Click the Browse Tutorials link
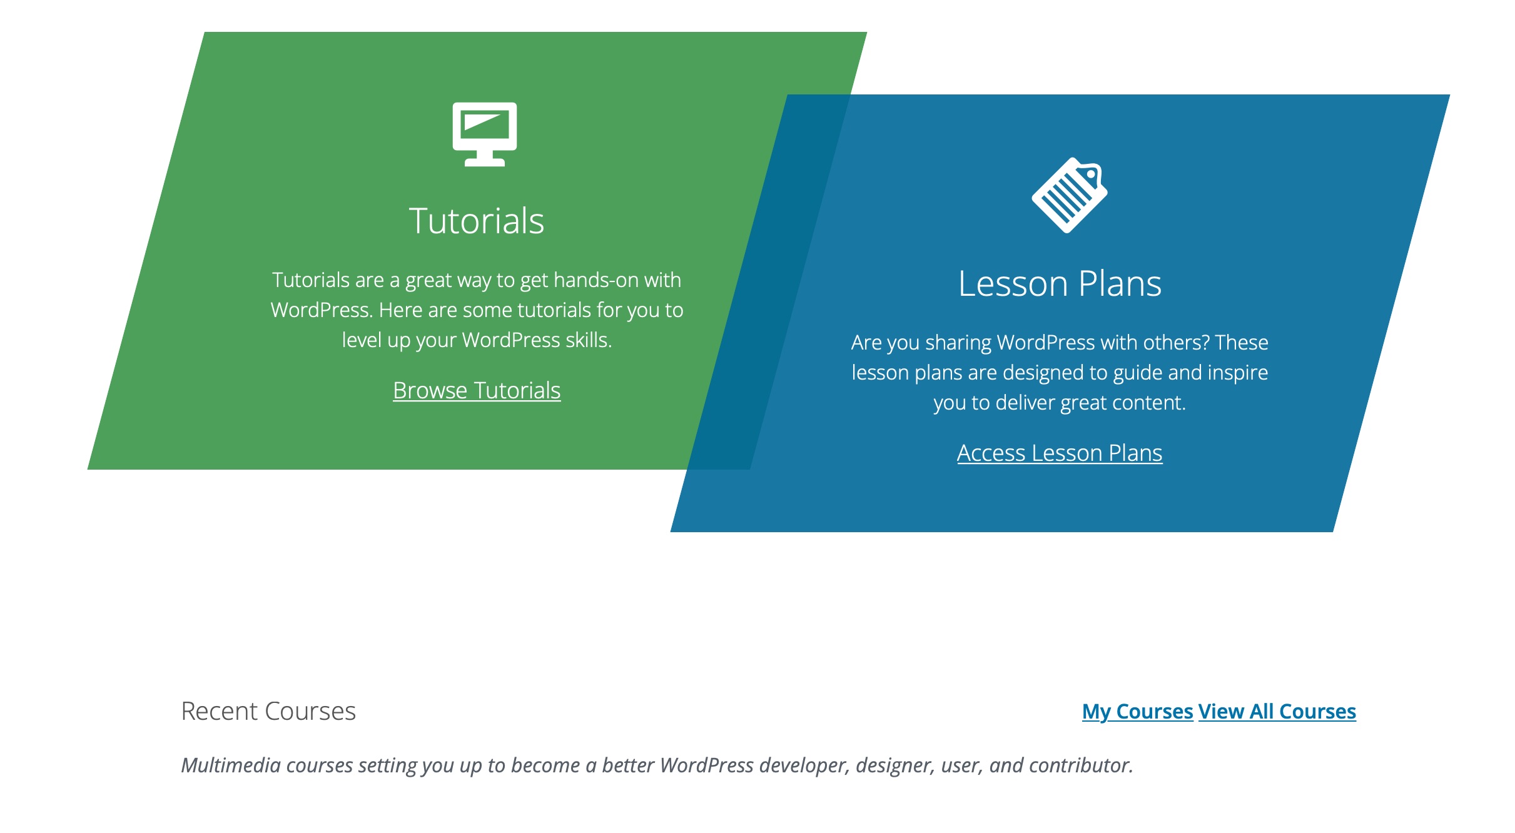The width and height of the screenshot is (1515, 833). (477, 391)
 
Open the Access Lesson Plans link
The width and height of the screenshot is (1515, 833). (1060, 453)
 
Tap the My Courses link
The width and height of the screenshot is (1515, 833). (1137, 712)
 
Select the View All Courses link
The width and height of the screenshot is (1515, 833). (1277, 712)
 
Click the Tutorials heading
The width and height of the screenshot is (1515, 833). (477, 221)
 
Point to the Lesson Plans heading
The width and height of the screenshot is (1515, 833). (1060, 284)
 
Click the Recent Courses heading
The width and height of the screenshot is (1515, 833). (268, 712)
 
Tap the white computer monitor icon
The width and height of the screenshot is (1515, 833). (485, 128)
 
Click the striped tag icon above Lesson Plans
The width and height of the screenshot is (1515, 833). (1068, 196)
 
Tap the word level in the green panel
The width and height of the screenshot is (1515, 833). (361, 340)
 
